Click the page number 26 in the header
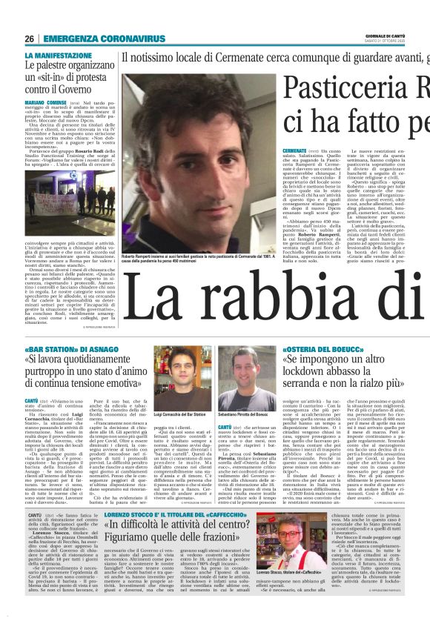point(29,39)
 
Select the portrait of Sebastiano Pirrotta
point(240,382)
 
